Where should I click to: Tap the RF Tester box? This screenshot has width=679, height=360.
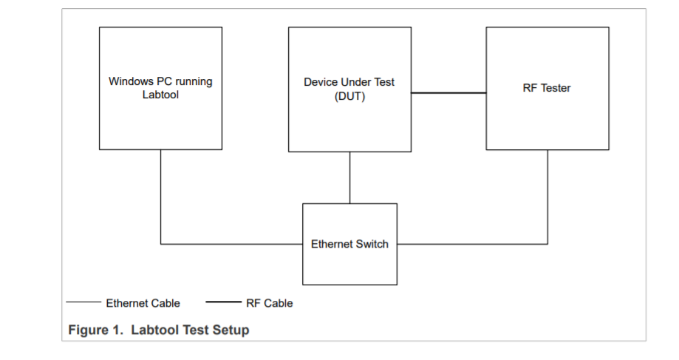coord(547,118)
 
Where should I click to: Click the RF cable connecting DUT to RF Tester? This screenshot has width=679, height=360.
coord(448,93)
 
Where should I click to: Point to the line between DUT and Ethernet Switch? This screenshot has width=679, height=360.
coord(349,177)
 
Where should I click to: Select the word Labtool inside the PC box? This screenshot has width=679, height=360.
coord(160,95)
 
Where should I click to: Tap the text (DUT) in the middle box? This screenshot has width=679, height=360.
coord(349,96)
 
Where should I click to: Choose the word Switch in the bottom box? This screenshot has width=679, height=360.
coord(372,244)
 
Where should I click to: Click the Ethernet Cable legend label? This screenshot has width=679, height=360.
coord(143,303)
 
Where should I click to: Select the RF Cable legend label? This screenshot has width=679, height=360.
coord(269,303)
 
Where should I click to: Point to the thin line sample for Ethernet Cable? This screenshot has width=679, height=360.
coord(83,302)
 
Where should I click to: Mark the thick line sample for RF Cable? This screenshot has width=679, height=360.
coord(223,302)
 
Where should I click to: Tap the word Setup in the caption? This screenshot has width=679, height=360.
coord(231,330)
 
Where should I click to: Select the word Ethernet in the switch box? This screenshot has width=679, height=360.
coord(332,244)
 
